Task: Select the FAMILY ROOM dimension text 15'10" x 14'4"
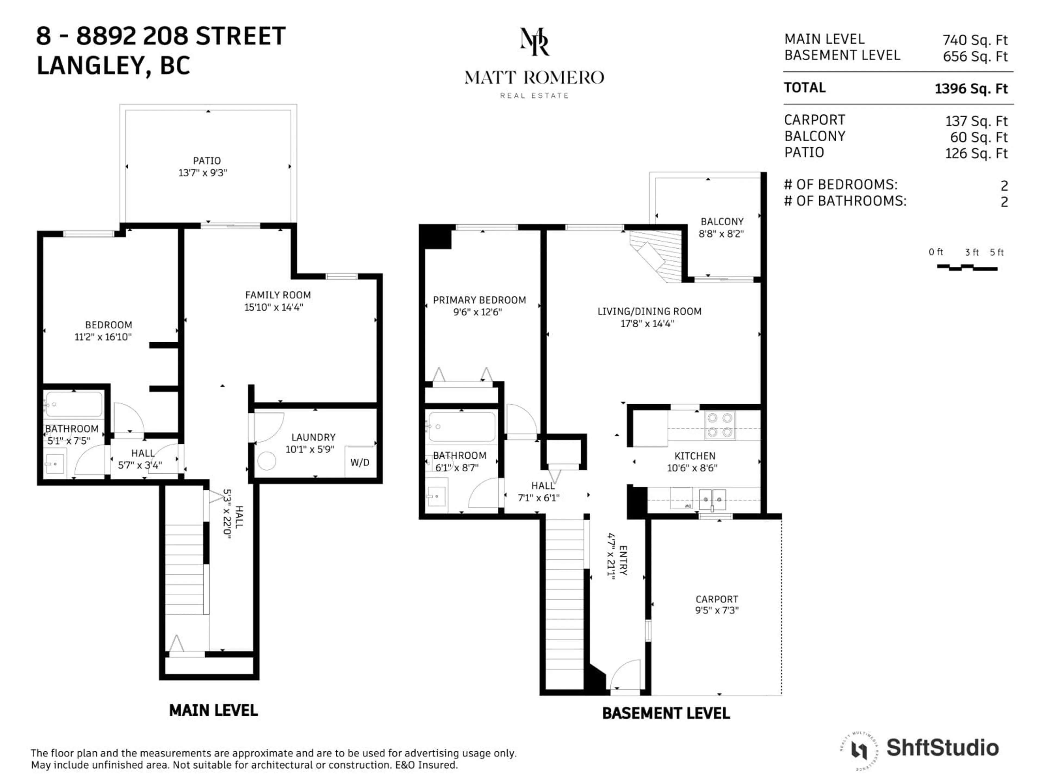click(274, 307)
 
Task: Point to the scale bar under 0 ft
click(967, 268)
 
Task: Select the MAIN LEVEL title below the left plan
click(213, 710)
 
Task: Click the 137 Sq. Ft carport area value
click(976, 121)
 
